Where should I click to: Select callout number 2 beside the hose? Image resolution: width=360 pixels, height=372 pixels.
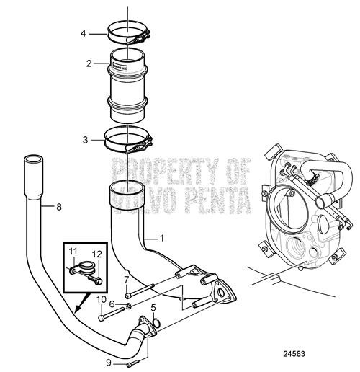(88, 63)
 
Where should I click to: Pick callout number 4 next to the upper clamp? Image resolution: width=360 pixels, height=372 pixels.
(84, 33)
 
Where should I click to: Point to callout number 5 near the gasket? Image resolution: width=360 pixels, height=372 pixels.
(153, 309)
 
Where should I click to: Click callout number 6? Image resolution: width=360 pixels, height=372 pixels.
(112, 305)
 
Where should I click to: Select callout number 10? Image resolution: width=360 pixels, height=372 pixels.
(102, 299)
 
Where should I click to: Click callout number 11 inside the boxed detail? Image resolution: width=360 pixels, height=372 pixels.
(73, 250)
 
